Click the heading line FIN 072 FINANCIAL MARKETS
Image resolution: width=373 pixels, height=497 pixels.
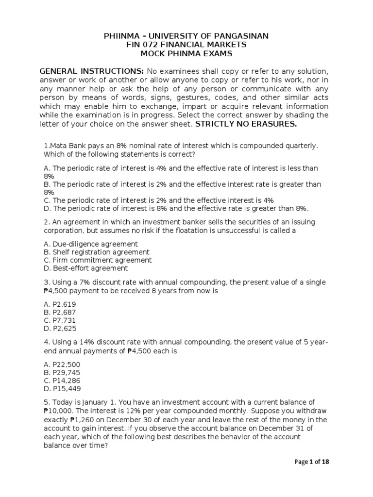point(186,45)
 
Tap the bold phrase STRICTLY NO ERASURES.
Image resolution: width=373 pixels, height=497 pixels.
point(245,124)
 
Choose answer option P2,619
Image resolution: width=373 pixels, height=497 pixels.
point(59,304)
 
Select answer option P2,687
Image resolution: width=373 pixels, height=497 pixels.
point(59,312)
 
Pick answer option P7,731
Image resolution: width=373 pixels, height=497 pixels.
point(59,320)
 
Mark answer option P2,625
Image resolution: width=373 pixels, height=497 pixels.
point(59,329)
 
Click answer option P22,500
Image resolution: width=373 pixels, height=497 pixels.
point(61,364)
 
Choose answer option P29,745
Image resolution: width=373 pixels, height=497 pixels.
point(61,372)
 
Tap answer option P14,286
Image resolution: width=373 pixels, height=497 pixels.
point(61,381)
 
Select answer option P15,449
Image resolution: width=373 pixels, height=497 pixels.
point(61,389)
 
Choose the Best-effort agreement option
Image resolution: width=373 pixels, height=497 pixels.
point(85,268)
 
